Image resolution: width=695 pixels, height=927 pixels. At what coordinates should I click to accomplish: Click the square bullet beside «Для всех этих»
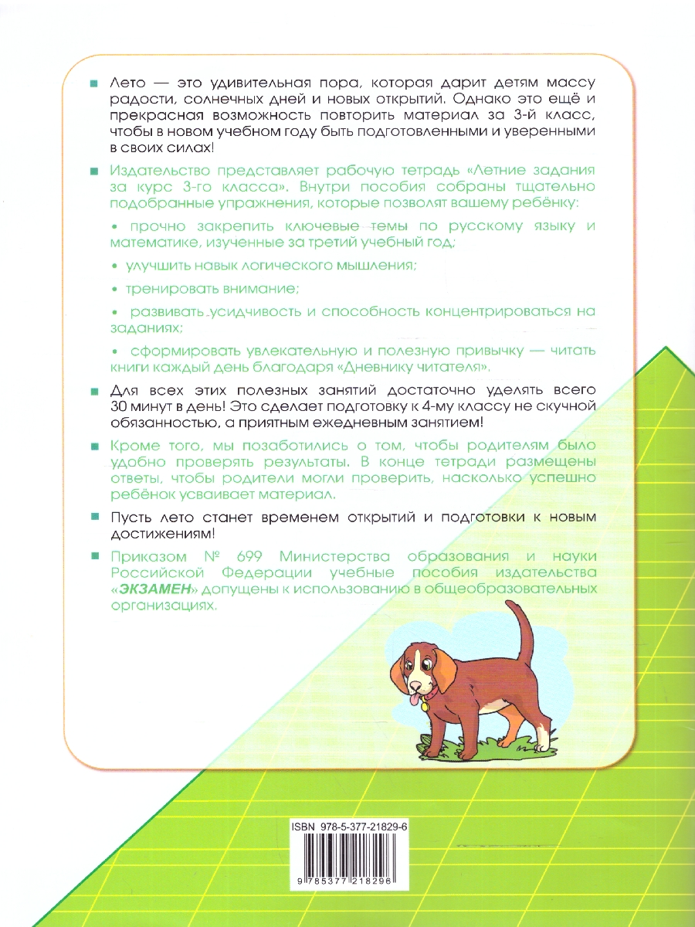coord(93,389)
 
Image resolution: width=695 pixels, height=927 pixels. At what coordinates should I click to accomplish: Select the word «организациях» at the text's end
coord(164,606)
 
